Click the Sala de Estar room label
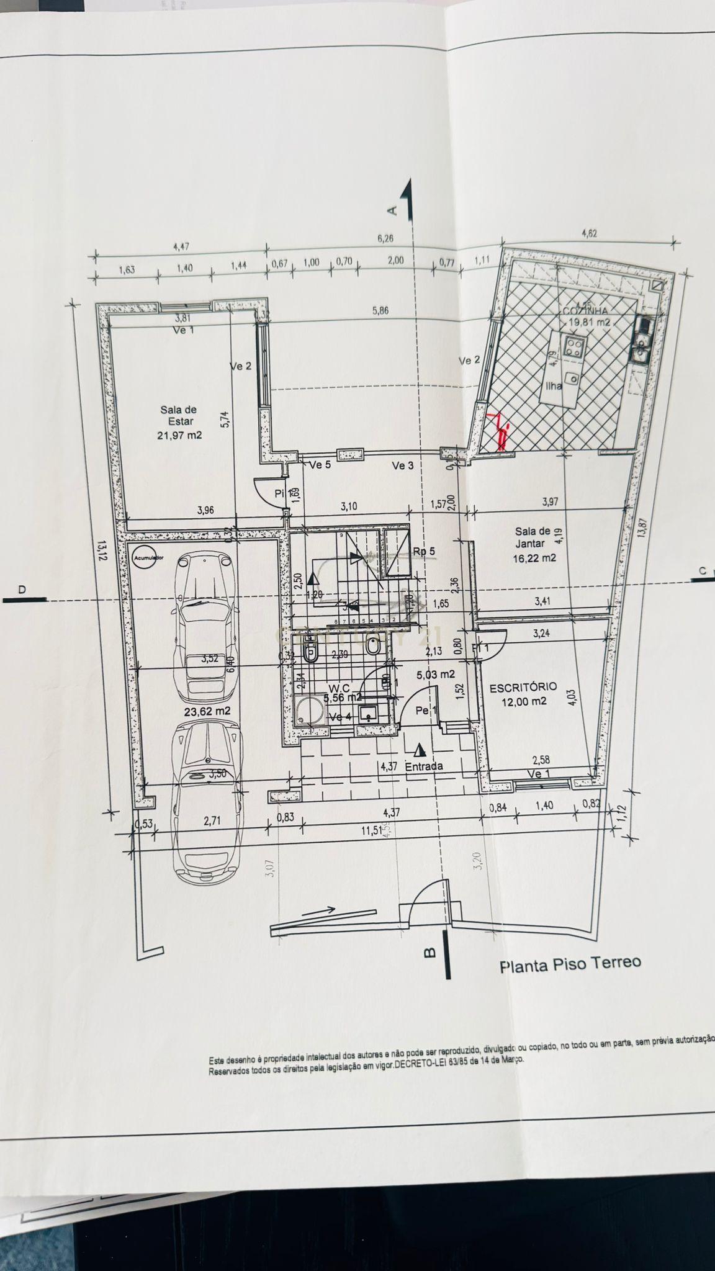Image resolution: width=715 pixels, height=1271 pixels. pyautogui.click(x=178, y=415)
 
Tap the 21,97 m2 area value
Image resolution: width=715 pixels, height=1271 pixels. pyautogui.click(x=180, y=436)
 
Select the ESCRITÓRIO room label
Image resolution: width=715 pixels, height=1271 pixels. pyautogui.click(x=523, y=688)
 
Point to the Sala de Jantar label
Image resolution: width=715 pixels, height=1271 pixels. pyautogui.click(x=533, y=537)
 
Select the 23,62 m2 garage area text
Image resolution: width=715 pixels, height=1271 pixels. pyautogui.click(x=207, y=711)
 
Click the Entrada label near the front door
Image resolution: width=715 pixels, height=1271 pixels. pyautogui.click(x=424, y=766)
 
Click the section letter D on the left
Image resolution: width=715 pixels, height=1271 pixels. pyautogui.click(x=22, y=590)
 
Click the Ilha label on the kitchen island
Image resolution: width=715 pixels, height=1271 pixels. pyautogui.click(x=553, y=385)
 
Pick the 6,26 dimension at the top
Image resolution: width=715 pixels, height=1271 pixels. pyautogui.click(x=385, y=238)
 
